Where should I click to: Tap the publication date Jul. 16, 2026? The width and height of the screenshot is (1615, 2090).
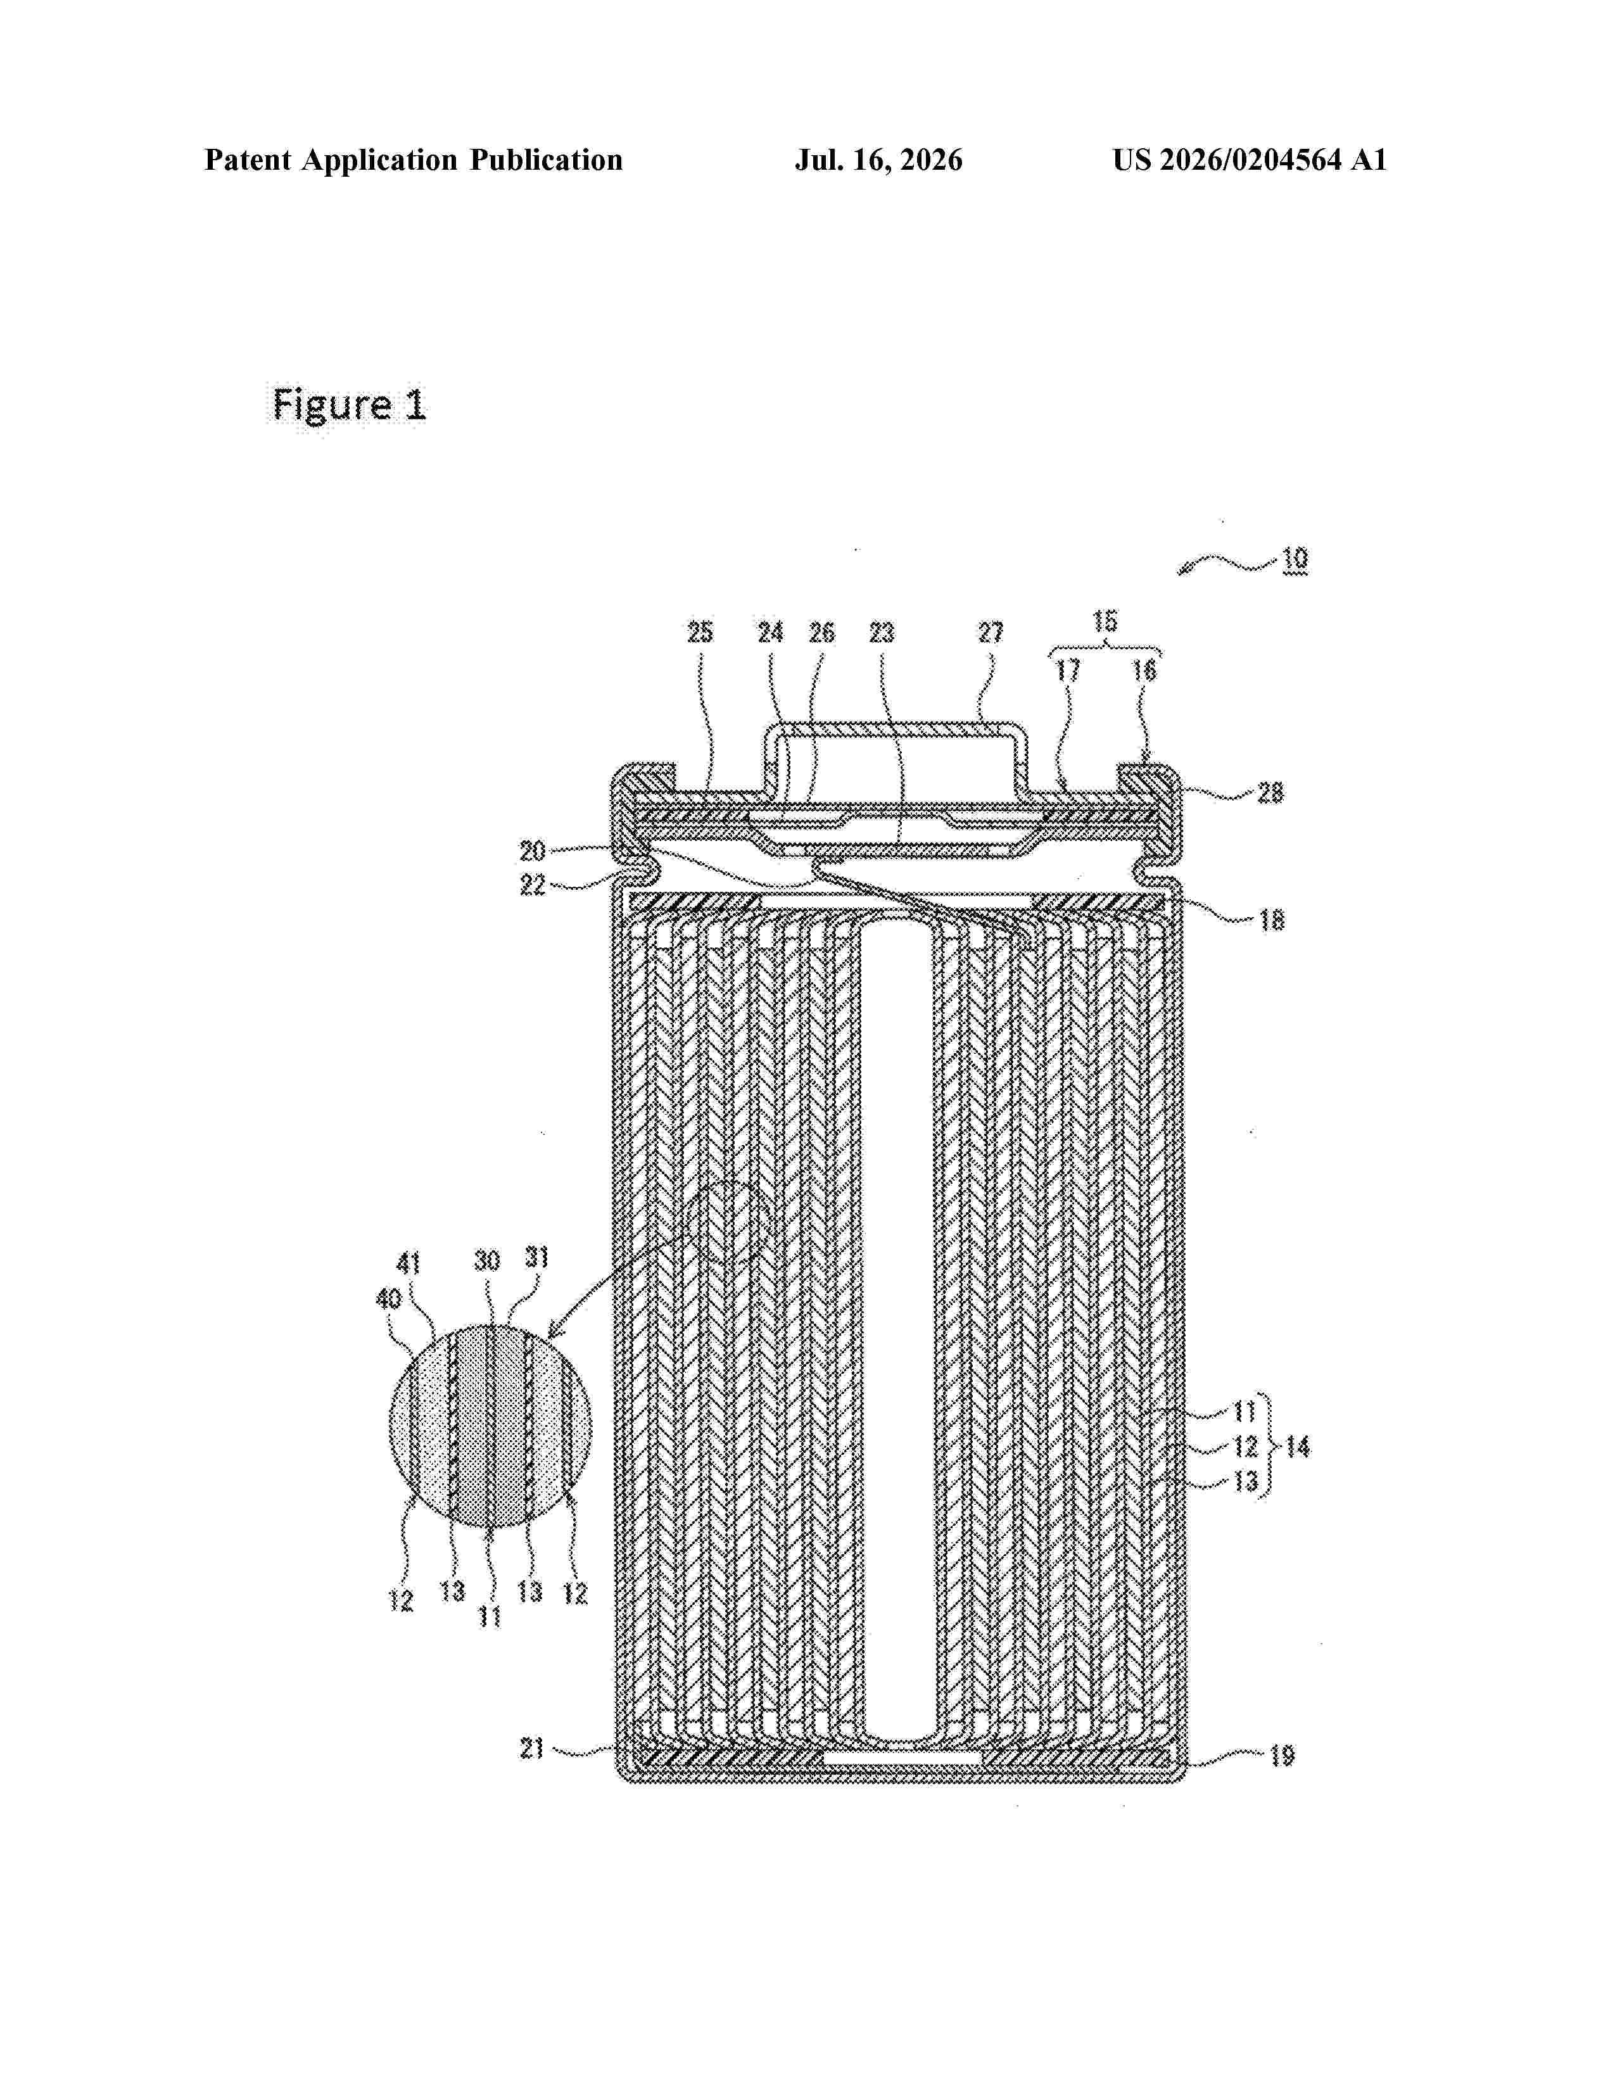878,160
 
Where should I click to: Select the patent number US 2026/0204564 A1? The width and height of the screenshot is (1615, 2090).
1250,160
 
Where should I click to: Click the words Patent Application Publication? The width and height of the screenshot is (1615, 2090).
414,160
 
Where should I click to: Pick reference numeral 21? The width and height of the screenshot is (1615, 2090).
532,1749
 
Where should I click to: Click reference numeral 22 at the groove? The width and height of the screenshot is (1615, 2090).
533,885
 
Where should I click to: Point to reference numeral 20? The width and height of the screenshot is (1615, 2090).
533,851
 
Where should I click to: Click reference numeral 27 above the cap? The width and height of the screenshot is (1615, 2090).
991,633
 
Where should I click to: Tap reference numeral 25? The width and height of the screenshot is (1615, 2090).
700,633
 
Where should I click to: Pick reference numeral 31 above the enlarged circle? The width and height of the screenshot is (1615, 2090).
536,1257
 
